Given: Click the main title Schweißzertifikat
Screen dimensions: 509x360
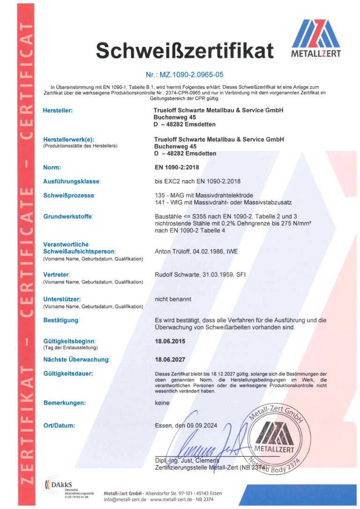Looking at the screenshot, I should [184, 50].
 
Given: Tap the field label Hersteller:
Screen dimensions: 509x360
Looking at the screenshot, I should [58, 111].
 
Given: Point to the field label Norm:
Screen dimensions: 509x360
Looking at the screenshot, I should [52, 167].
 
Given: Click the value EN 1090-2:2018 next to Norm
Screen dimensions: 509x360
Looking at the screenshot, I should [177, 167].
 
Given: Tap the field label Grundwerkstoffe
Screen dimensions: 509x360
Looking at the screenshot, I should [68, 217].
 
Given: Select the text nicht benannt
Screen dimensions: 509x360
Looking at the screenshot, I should [173, 299].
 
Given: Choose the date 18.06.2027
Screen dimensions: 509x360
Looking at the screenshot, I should [170, 359].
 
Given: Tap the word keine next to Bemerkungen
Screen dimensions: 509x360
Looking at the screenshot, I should [162, 403].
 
